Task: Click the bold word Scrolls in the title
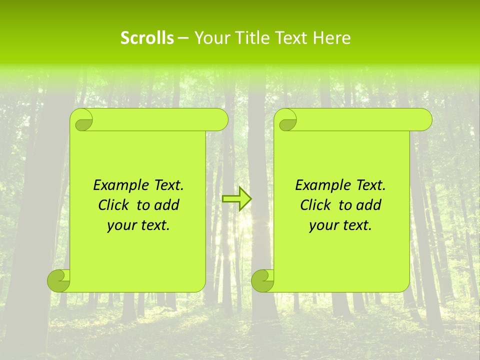tap(147, 38)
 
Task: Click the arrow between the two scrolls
tap(236, 198)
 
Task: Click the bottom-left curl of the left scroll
tap(58, 280)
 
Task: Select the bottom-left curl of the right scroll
tap(262, 280)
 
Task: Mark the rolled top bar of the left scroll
tap(160, 120)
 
